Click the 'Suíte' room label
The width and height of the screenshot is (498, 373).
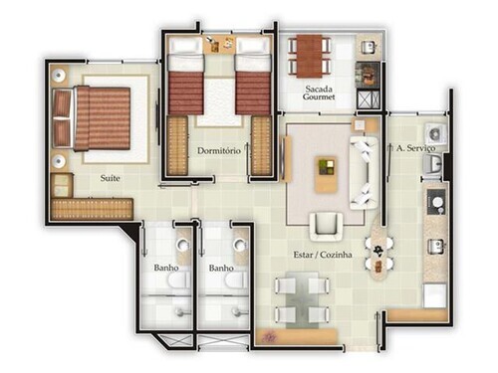[110, 178]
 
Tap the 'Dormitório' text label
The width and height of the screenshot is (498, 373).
[219, 151]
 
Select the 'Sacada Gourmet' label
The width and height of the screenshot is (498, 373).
[319, 93]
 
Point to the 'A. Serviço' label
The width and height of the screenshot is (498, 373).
[415, 148]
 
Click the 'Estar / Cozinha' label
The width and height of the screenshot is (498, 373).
[323, 255]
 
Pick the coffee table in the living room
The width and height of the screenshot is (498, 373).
[326, 174]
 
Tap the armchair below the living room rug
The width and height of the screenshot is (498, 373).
[326, 227]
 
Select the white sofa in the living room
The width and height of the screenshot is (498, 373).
[364, 172]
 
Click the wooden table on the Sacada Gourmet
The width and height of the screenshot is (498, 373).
[309, 56]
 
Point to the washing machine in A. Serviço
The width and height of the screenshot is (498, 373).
[435, 134]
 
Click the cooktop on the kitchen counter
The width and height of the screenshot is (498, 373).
[436, 202]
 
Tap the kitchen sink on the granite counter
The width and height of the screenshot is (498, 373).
[436, 247]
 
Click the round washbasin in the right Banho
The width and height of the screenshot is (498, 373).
[240, 245]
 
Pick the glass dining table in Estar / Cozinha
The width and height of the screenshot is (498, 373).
[302, 300]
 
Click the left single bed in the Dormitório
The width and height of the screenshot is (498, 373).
[185, 76]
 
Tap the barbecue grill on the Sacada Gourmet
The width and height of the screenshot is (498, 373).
[368, 75]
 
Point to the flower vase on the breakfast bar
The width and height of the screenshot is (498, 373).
[378, 250]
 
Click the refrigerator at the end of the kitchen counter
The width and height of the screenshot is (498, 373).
[434, 295]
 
